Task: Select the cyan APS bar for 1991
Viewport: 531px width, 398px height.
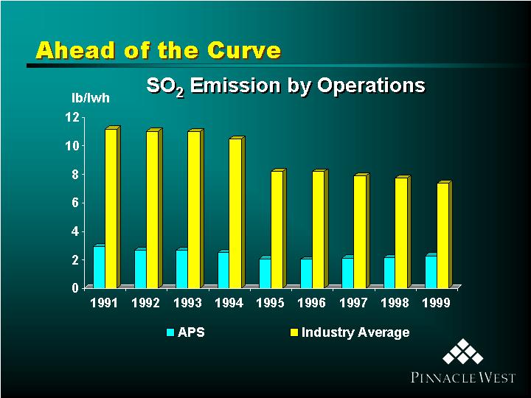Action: (x=100, y=266)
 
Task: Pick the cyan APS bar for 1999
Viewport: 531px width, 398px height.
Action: (x=431, y=271)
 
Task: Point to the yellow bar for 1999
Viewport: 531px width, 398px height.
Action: (x=445, y=234)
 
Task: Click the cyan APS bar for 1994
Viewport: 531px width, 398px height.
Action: (x=223, y=270)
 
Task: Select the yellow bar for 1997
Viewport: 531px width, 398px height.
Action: (x=361, y=231)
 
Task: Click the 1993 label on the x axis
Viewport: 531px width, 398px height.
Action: (x=187, y=303)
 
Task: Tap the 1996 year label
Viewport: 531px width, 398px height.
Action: (x=311, y=303)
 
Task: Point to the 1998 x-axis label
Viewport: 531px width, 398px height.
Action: (x=395, y=303)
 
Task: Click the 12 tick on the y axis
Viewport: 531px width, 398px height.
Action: (x=72, y=117)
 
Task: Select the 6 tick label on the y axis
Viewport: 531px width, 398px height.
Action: (x=75, y=203)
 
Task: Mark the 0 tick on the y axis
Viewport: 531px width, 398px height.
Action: (x=75, y=288)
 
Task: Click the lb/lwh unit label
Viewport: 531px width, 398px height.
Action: (x=91, y=98)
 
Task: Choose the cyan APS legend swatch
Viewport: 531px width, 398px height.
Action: (x=170, y=332)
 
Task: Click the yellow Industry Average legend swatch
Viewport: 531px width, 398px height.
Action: (x=294, y=332)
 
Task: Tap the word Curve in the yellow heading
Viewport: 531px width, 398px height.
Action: (x=244, y=50)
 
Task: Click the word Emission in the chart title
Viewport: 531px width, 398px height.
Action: (x=235, y=85)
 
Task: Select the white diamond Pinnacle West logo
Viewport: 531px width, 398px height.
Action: (x=463, y=352)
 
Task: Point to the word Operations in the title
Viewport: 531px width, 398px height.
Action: (x=371, y=85)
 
